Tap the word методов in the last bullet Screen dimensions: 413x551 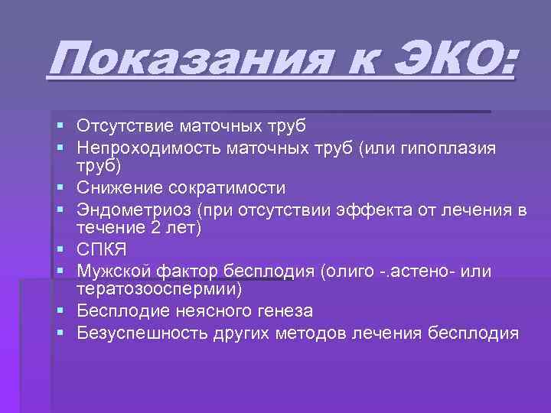(315, 333)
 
